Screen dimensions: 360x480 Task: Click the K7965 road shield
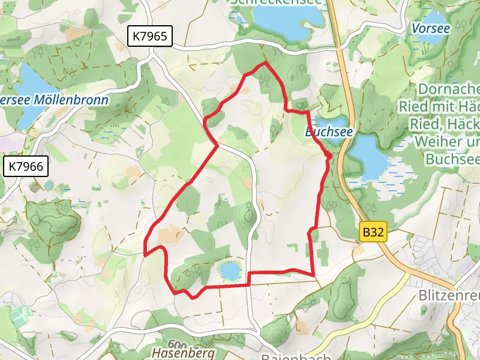coord(150,37)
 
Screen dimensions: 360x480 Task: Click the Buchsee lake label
coord(327,131)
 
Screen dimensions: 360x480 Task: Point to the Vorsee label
coord(431,28)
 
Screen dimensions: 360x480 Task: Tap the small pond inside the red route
coord(230,271)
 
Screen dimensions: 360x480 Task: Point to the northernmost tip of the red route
coord(265,62)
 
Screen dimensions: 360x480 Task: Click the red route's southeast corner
coord(314,275)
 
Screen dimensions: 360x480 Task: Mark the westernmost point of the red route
coord(145,254)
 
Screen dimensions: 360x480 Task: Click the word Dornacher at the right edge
coord(447,89)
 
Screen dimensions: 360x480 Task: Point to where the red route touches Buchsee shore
coord(329,156)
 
